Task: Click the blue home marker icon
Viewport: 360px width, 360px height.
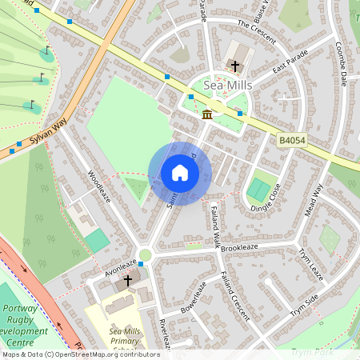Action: coord(180,173)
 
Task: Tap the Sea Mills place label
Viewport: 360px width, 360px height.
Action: coord(228,84)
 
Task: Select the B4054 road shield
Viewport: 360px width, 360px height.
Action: coord(292,140)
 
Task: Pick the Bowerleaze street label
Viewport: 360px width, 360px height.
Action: coord(194,296)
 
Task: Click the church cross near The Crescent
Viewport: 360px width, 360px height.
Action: coord(235,65)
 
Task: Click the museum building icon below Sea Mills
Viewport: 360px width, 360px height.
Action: coord(207,114)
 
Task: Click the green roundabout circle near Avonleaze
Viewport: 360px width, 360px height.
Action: coord(145,255)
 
